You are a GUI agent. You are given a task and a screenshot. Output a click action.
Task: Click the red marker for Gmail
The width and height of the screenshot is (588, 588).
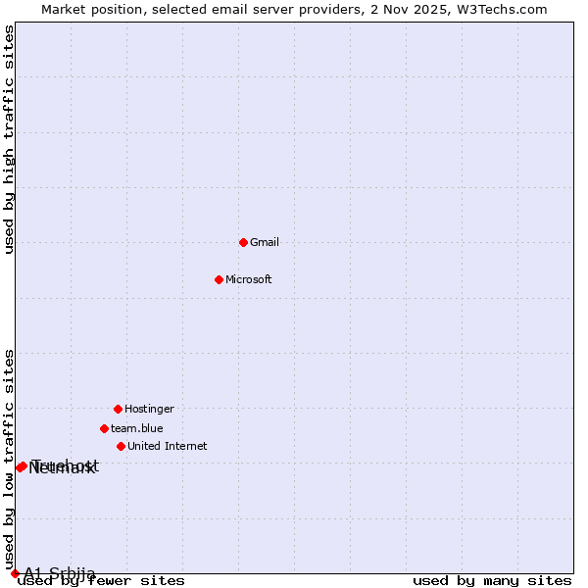point(243,242)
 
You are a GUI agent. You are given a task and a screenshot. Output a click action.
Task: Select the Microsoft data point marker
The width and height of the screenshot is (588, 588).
point(219,279)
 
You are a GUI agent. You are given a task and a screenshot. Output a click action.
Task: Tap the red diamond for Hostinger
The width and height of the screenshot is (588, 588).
point(118,409)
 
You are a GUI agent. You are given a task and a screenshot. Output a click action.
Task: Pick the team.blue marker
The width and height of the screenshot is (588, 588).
point(104,428)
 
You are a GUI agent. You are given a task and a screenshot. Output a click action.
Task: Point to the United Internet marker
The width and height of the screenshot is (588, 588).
point(121,446)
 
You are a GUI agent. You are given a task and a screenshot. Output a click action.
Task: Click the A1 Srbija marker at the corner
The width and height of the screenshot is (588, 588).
point(15,573)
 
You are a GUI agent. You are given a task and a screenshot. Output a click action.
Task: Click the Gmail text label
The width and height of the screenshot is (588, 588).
point(265,242)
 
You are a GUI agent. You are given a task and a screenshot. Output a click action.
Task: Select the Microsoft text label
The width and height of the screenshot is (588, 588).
point(249,279)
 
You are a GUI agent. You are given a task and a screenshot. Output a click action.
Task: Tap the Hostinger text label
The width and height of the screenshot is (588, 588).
point(149,409)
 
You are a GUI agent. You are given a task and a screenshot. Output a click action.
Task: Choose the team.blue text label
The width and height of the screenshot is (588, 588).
point(137,428)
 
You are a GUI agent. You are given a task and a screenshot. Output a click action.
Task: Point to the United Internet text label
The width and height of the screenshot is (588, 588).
point(168,446)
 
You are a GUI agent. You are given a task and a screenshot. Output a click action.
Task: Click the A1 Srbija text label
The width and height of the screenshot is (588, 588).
point(60,573)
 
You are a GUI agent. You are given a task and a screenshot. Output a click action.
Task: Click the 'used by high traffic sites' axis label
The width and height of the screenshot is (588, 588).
point(10,139)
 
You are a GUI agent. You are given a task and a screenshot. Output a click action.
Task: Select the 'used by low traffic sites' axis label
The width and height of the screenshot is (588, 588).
point(10,459)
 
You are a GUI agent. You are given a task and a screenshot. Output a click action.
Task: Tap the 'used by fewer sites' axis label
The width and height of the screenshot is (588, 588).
point(102,581)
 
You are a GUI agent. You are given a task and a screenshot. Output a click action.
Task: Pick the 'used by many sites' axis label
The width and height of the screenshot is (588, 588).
point(492,581)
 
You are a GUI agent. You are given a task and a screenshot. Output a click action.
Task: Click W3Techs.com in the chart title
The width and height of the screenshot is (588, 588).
point(505,9)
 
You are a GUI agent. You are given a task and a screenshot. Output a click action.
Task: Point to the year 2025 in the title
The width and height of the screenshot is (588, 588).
point(437,9)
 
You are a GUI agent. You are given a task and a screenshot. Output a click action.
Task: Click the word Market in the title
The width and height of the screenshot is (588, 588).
point(64,9)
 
